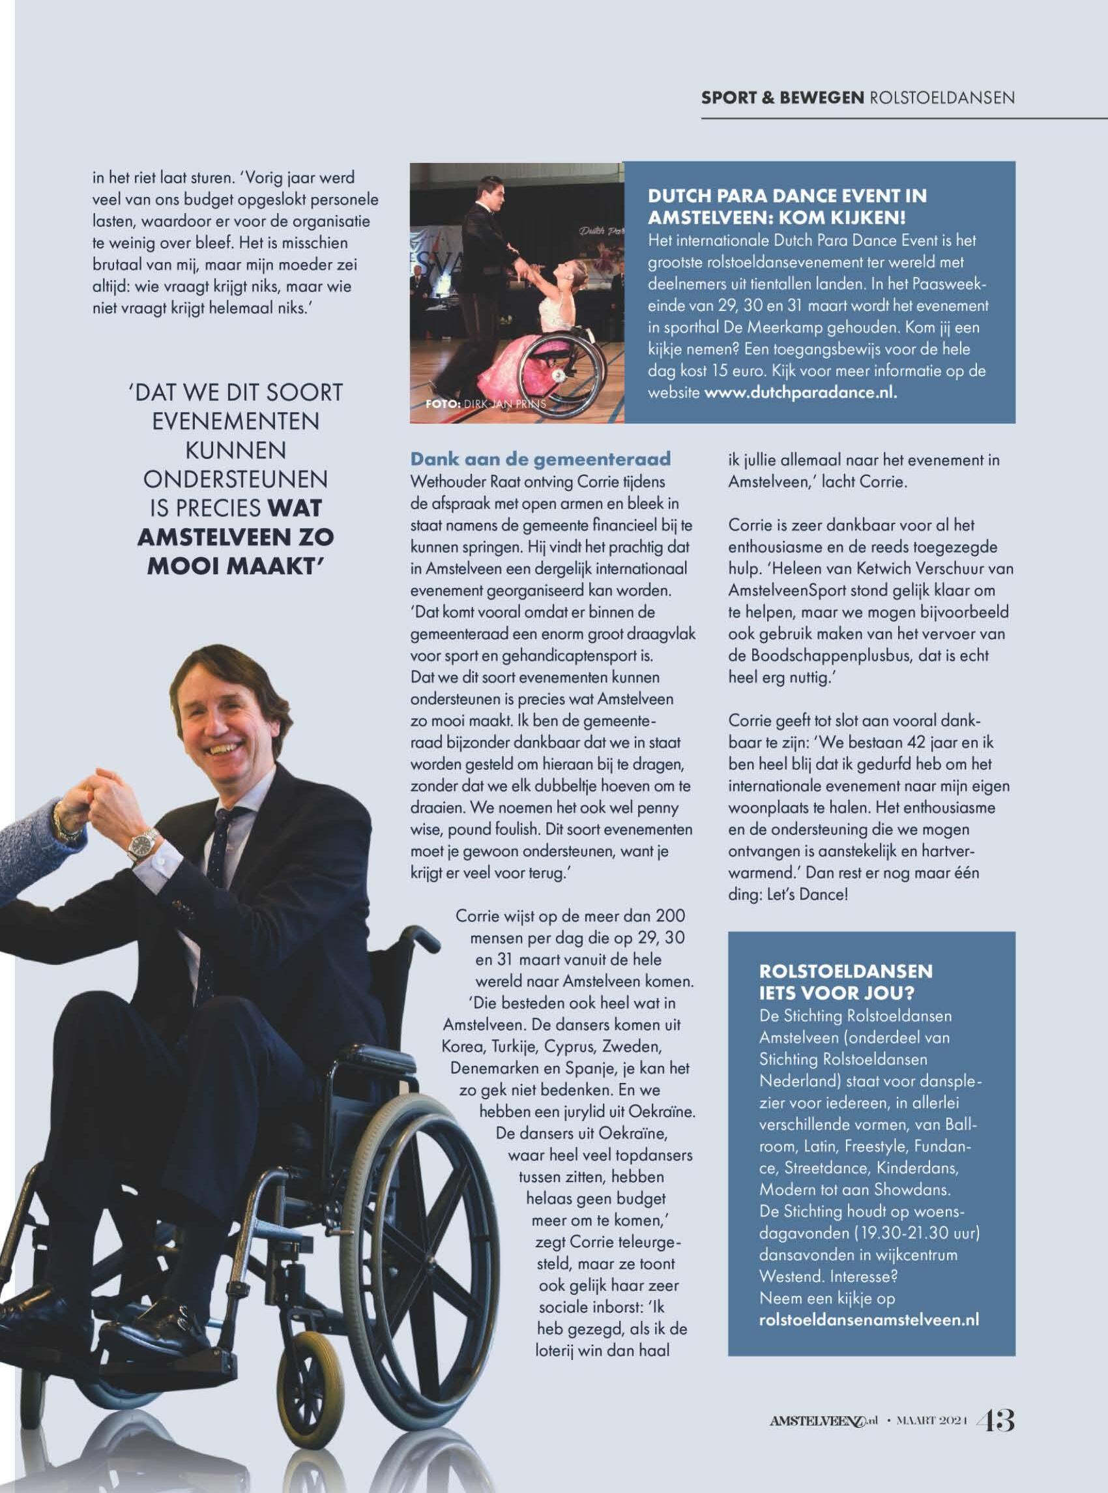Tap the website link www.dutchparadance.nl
coord(800,392)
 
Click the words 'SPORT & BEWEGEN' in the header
coord(782,98)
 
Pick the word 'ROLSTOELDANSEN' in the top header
coord(942,98)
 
